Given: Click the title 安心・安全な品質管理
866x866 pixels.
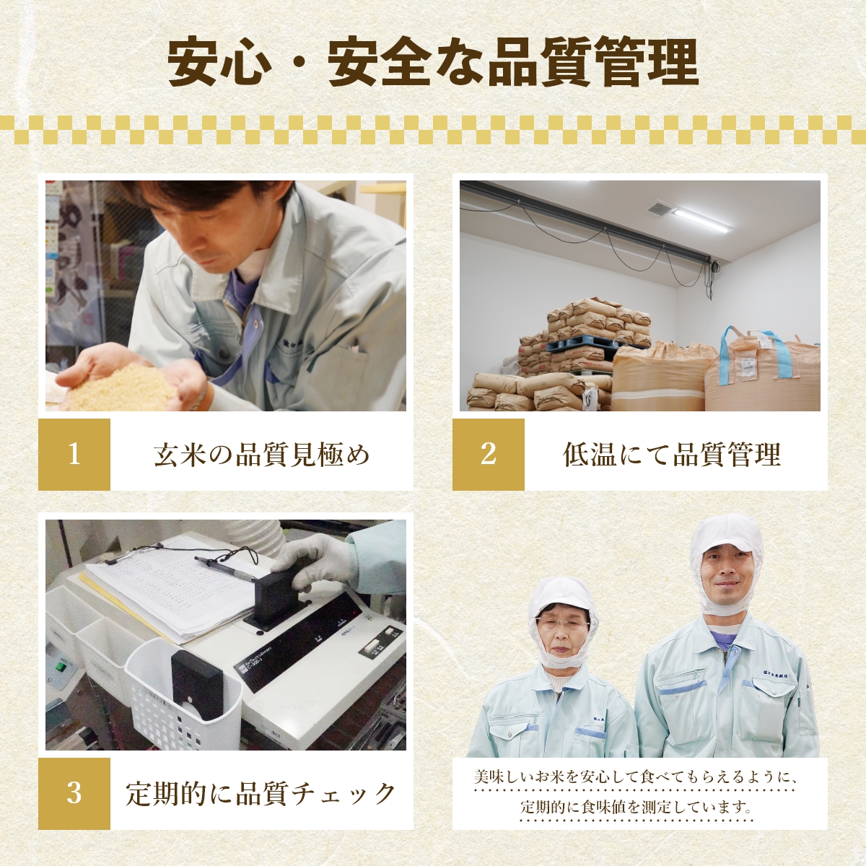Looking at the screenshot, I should tap(433, 64).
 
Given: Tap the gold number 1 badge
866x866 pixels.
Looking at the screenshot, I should tap(74, 455).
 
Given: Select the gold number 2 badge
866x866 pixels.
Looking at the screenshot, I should tap(489, 455).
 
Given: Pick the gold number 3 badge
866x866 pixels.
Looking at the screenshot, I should tap(74, 793).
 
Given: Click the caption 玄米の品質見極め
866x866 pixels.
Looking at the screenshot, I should tap(261, 455).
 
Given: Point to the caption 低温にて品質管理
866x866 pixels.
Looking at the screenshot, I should tap(671, 455).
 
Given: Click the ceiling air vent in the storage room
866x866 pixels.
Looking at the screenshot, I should tap(660, 209).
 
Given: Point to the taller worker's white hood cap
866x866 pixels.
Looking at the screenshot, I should tap(725, 534).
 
